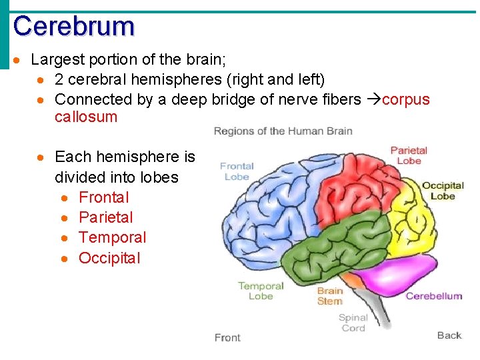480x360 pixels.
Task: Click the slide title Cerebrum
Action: tap(73, 26)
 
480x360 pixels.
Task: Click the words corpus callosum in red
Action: tap(405, 100)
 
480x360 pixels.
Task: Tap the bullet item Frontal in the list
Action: tap(103, 197)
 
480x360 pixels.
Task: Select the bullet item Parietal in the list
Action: tap(105, 217)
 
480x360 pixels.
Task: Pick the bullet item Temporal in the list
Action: tap(112, 237)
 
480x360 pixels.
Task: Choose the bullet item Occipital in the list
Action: tap(109, 258)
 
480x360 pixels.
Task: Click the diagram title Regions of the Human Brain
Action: tap(283, 131)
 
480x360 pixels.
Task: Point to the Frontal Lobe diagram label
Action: tap(237, 171)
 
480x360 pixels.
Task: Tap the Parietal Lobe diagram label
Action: tap(409, 156)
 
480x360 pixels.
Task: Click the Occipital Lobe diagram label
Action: tap(443, 191)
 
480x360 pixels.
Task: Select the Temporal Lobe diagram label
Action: tap(261, 291)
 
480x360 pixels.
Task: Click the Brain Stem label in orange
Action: tap(329, 295)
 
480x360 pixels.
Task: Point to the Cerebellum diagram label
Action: tap(433, 296)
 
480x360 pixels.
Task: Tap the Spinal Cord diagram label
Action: tap(353, 323)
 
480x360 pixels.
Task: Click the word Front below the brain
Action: tap(227, 338)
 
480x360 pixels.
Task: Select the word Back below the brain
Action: tap(449, 335)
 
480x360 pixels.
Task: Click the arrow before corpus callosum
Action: tap(373, 100)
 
